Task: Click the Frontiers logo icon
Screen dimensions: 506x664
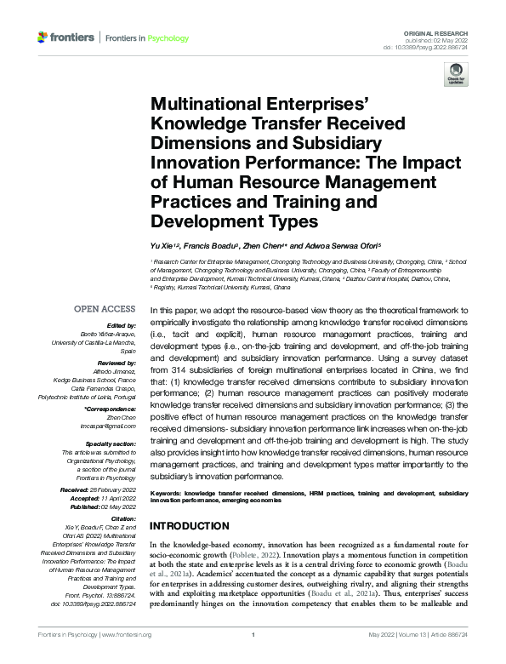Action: [43, 38]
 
